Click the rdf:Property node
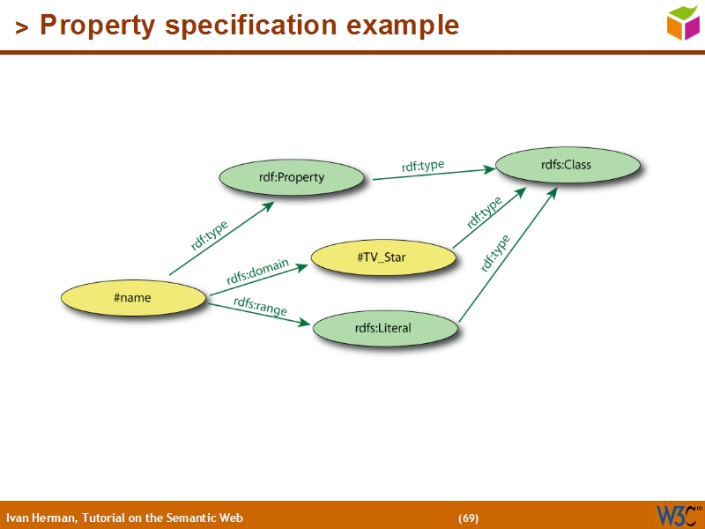coord(292,177)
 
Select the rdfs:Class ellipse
coord(567,165)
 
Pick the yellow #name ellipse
coord(132,298)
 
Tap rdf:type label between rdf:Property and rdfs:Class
coord(423,166)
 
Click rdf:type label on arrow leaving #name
coord(210,235)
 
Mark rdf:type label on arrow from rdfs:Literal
coord(495,252)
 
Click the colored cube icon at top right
coord(682,23)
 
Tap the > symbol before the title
coord(22,27)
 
